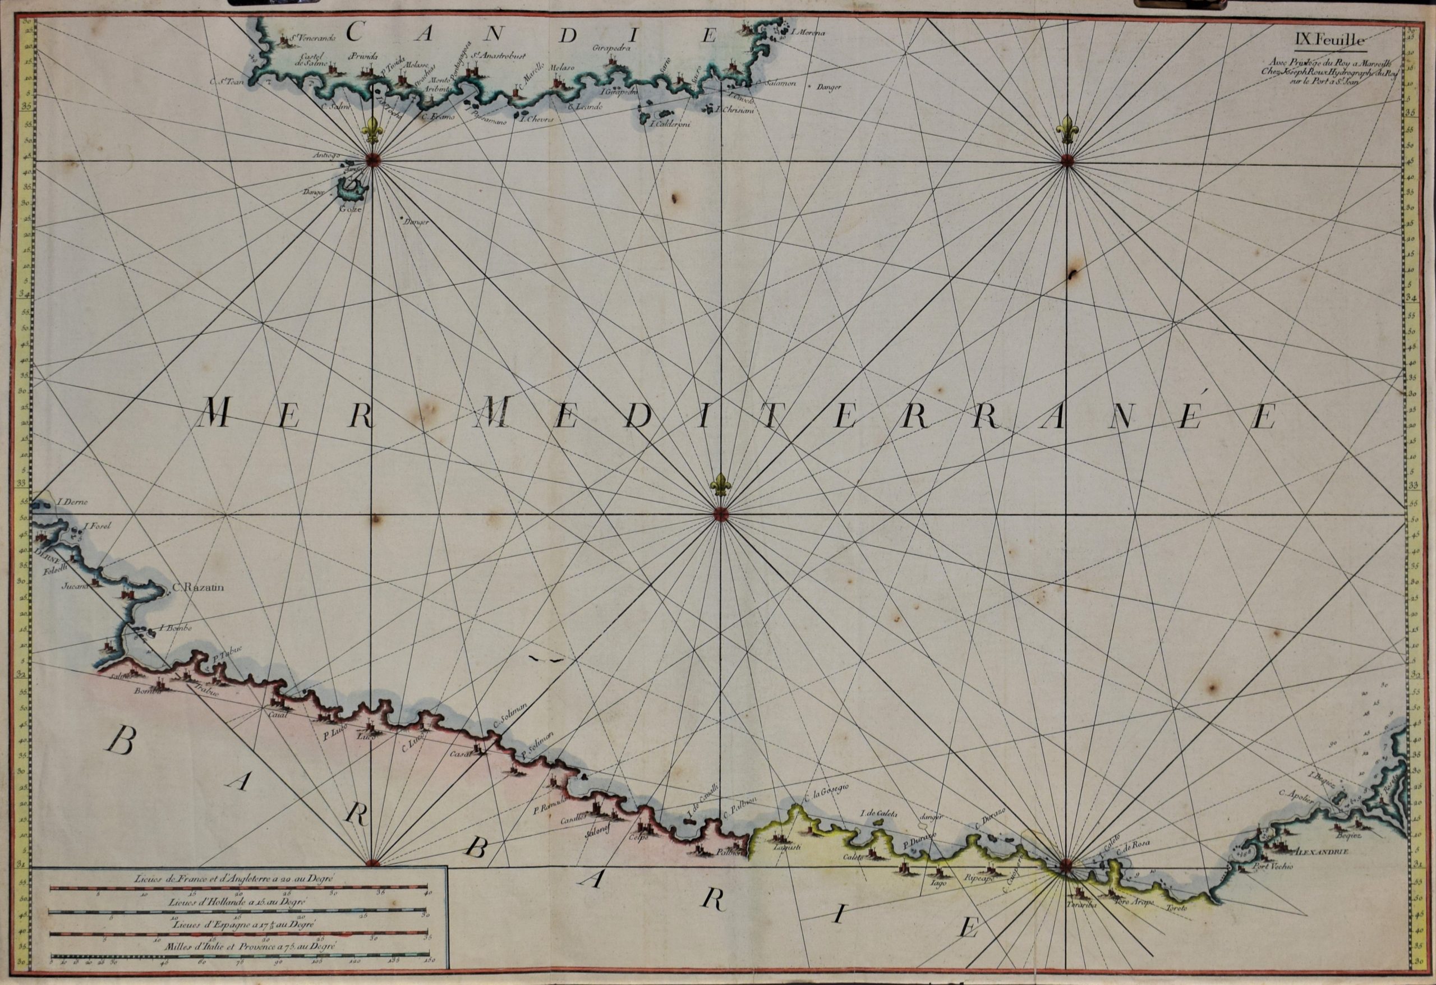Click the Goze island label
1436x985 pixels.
tap(348, 209)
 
